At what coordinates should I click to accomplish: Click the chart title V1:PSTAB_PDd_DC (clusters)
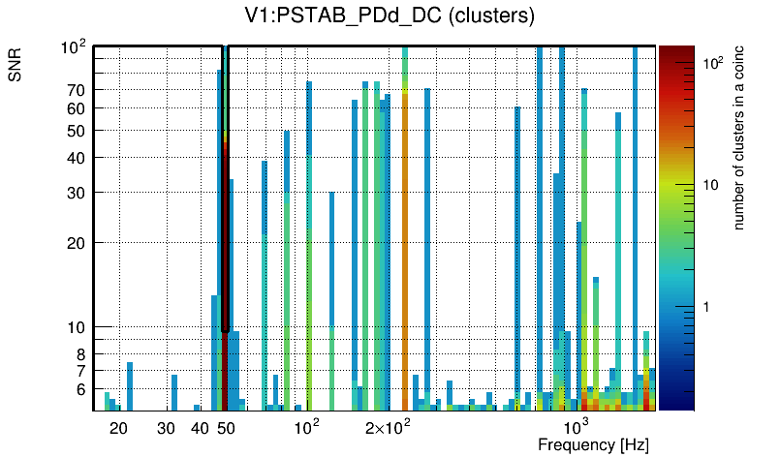click(390, 15)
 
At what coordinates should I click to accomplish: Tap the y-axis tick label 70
click(77, 90)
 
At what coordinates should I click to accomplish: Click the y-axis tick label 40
click(77, 158)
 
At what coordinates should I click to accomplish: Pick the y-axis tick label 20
click(77, 243)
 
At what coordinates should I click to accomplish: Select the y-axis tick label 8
click(81, 354)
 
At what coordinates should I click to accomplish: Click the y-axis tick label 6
click(81, 389)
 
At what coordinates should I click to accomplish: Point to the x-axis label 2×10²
click(388, 426)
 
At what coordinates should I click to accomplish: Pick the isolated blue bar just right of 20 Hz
click(130, 386)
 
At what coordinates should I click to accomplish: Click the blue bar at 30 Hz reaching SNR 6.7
click(174, 392)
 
